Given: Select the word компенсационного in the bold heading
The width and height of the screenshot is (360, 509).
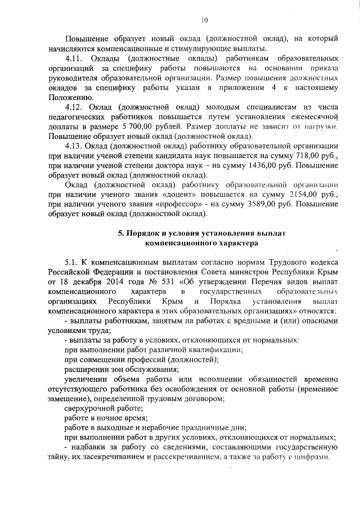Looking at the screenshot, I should (178, 244).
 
